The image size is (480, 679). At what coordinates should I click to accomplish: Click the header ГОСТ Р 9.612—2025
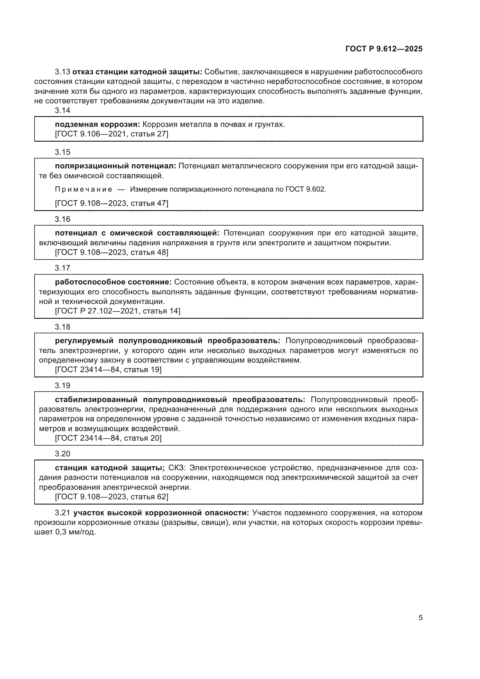[x=384, y=49]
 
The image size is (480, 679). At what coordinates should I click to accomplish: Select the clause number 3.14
[x=62, y=110]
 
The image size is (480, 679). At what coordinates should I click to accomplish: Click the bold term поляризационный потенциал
[x=115, y=166]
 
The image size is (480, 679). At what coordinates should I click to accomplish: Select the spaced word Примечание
[x=83, y=189]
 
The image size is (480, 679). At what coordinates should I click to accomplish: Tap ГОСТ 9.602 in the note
[x=305, y=189]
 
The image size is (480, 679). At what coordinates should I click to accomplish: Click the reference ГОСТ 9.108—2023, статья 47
[x=111, y=203]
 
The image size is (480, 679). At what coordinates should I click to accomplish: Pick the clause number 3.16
[x=62, y=219]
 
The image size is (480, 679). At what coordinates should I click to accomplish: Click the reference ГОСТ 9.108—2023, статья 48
[x=111, y=252]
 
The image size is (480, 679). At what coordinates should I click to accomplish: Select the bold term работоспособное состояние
[x=113, y=282]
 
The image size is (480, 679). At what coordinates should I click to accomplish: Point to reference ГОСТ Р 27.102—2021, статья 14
[x=117, y=311]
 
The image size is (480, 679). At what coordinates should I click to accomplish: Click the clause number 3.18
[x=62, y=327]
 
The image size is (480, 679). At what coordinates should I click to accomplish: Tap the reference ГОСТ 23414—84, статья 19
[x=108, y=370]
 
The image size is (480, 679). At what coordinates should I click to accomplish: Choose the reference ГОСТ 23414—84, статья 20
[x=108, y=438]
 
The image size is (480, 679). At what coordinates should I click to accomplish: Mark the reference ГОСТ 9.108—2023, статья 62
[x=111, y=496]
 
